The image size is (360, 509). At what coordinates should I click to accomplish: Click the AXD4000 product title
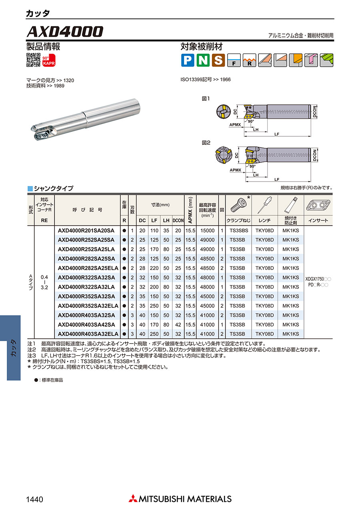tap(65, 31)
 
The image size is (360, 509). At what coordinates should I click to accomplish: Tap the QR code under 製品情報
tap(34, 60)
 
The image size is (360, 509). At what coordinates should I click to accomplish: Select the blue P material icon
tap(188, 60)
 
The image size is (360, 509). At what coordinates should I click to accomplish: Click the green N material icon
tap(203, 60)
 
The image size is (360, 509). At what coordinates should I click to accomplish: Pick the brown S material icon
tap(218, 60)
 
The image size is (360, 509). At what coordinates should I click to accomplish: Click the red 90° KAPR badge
tap(49, 60)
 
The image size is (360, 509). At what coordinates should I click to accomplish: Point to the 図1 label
tap(206, 99)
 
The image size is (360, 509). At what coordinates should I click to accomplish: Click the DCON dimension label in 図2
tap(314, 155)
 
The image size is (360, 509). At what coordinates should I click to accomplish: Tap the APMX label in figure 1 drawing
tap(235, 125)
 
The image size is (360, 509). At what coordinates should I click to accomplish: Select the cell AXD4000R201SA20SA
tap(86, 230)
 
